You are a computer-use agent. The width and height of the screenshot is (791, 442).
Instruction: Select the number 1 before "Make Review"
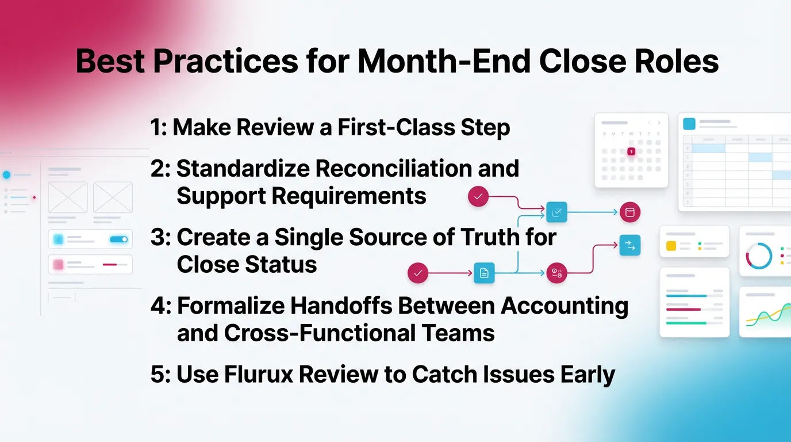[x=156, y=128]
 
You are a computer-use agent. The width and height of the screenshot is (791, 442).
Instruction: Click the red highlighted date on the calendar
[x=631, y=151]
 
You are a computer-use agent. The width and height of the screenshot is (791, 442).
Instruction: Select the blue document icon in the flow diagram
[x=484, y=273]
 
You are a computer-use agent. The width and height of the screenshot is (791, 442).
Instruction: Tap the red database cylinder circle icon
[x=629, y=212]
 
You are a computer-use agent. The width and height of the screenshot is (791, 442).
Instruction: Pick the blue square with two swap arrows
[x=629, y=246]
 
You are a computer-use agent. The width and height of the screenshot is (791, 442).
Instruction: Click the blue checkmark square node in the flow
[x=556, y=212]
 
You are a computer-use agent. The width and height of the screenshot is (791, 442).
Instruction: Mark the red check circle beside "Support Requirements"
[x=478, y=197]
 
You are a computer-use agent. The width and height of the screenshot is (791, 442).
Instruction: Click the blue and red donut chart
[x=759, y=256]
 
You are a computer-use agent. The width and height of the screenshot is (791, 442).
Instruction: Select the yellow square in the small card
[x=671, y=246]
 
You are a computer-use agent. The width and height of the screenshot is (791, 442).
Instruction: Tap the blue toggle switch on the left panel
[x=118, y=239]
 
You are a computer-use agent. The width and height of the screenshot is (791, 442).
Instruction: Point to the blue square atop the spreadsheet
[x=689, y=124]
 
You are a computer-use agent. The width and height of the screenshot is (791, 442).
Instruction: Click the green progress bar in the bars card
[x=686, y=323]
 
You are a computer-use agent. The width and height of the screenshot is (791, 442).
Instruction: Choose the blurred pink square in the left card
[x=58, y=265]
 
